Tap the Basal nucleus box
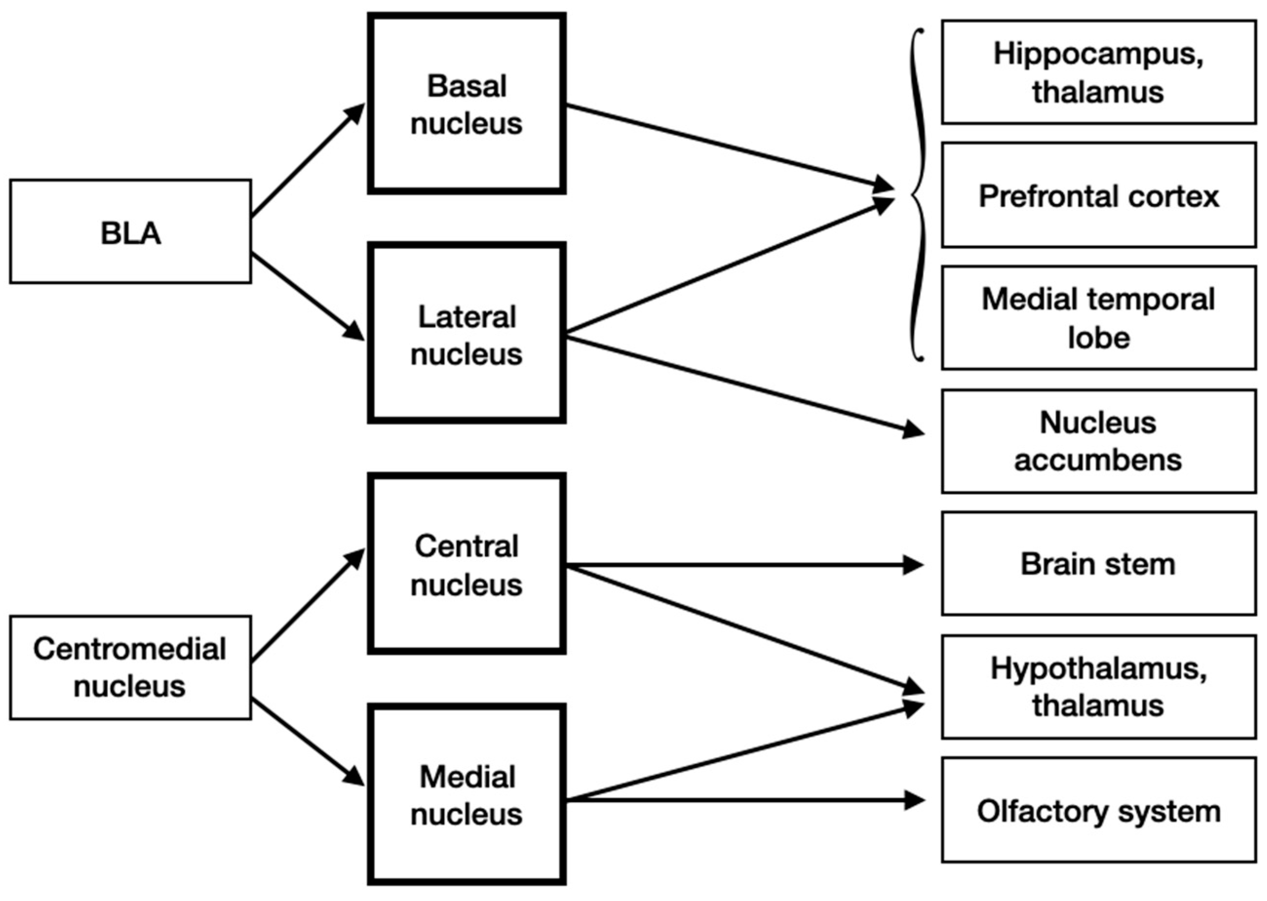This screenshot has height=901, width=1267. [x=466, y=104]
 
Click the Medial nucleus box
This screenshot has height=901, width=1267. [x=466, y=794]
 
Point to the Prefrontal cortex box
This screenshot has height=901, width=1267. [x=1098, y=195]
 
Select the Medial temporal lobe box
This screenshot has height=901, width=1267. [x=1098, y=318]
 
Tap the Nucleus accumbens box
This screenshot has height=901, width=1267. [x=1098, y=442]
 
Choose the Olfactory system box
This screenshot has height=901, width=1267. [x=1098, y=810]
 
